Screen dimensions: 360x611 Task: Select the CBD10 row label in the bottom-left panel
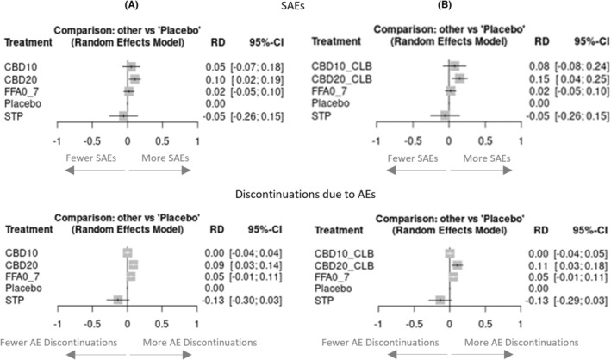22,253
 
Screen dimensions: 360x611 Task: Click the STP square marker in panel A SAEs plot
123,115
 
